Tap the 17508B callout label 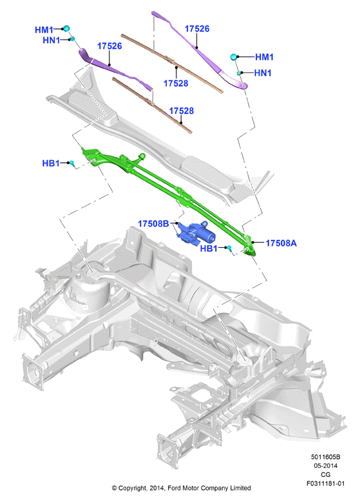point(153,223)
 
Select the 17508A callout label point(281,243)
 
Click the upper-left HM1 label point(44,30)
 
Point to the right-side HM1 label point(264,57)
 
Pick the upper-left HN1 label point(52,41)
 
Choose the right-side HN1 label point(263,73)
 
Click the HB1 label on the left point(51,163)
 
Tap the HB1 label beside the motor point(209,248)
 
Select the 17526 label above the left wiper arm point(109,46)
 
